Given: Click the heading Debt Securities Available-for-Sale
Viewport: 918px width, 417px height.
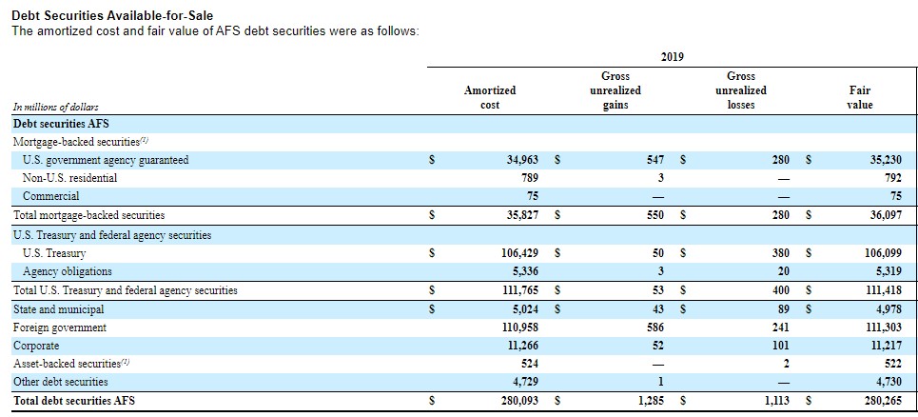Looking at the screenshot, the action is coord(112,16).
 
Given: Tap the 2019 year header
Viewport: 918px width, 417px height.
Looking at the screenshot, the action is coord(673,57).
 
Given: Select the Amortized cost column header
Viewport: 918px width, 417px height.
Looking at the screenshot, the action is coord(490,98).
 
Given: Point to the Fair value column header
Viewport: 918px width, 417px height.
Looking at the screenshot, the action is coord(859,98).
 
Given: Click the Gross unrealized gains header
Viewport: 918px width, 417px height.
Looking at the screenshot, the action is coord(615,90).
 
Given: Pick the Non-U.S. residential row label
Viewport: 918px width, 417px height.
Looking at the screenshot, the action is coord(69,178).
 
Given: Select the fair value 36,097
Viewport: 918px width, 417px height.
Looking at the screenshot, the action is coord(886,215).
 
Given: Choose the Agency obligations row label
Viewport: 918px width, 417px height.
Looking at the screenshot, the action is coord(68,271).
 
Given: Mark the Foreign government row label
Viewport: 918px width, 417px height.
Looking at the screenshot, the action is coord(60,328).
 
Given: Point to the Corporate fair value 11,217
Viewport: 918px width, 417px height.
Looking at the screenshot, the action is coord(887,347).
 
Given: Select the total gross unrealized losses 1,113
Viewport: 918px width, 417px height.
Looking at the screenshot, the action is coord(776,401).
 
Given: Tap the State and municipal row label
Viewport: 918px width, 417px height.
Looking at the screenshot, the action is coord(59,308).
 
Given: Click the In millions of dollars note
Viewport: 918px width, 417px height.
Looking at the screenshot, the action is coord(55,107).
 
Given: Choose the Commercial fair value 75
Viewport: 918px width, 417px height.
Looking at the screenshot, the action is coord(895,196).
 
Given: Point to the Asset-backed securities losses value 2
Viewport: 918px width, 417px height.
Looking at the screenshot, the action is coord(787,364).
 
